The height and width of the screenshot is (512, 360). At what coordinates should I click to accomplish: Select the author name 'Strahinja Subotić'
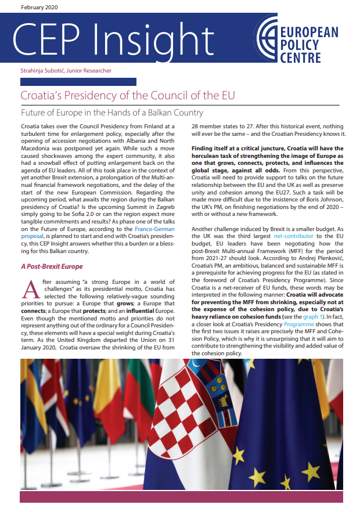pyautogui.click(x=42, y=71)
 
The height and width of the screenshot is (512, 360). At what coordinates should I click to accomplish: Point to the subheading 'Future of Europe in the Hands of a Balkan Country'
pyautogui.click(x=112, y=113)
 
